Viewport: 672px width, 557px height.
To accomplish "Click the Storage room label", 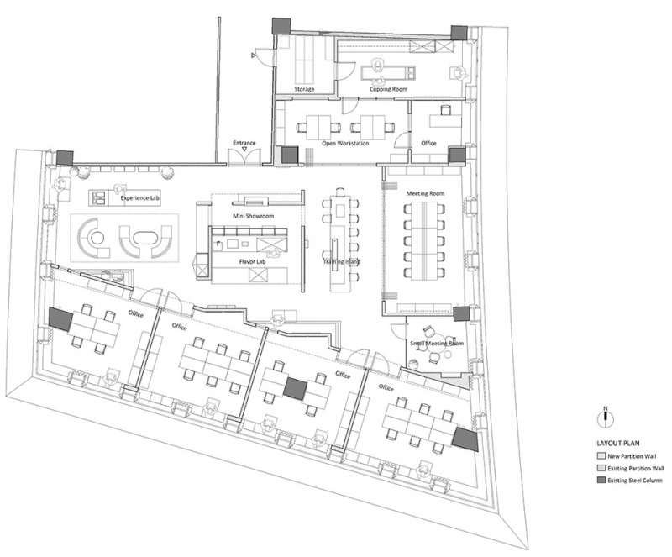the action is pos(304,89).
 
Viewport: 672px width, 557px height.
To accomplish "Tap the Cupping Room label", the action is pos(388,89).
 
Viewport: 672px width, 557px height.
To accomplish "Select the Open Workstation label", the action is pos(345,143).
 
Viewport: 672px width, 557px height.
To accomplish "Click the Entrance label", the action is pos(244,143).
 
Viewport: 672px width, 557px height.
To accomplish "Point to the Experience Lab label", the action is pos(140,198).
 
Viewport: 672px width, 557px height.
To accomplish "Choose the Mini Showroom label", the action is pos(254,216).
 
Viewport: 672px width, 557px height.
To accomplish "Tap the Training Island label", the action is pos(342,261).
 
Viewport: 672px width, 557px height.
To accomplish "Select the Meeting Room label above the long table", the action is pos(425,193).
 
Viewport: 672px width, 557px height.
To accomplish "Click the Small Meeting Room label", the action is pos(437,344).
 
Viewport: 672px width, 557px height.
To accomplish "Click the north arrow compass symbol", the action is pos(606,418).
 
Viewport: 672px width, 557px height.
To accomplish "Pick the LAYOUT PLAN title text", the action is pos(615,444).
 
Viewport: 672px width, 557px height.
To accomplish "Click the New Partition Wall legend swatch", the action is pos(601,456).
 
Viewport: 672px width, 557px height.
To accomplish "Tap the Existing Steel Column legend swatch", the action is pos(601,481).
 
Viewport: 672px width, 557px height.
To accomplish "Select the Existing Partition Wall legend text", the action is pos(636,468).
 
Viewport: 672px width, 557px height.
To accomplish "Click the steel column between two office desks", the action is pos(296,387).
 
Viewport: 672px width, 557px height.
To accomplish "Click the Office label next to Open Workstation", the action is pos(428,143).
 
